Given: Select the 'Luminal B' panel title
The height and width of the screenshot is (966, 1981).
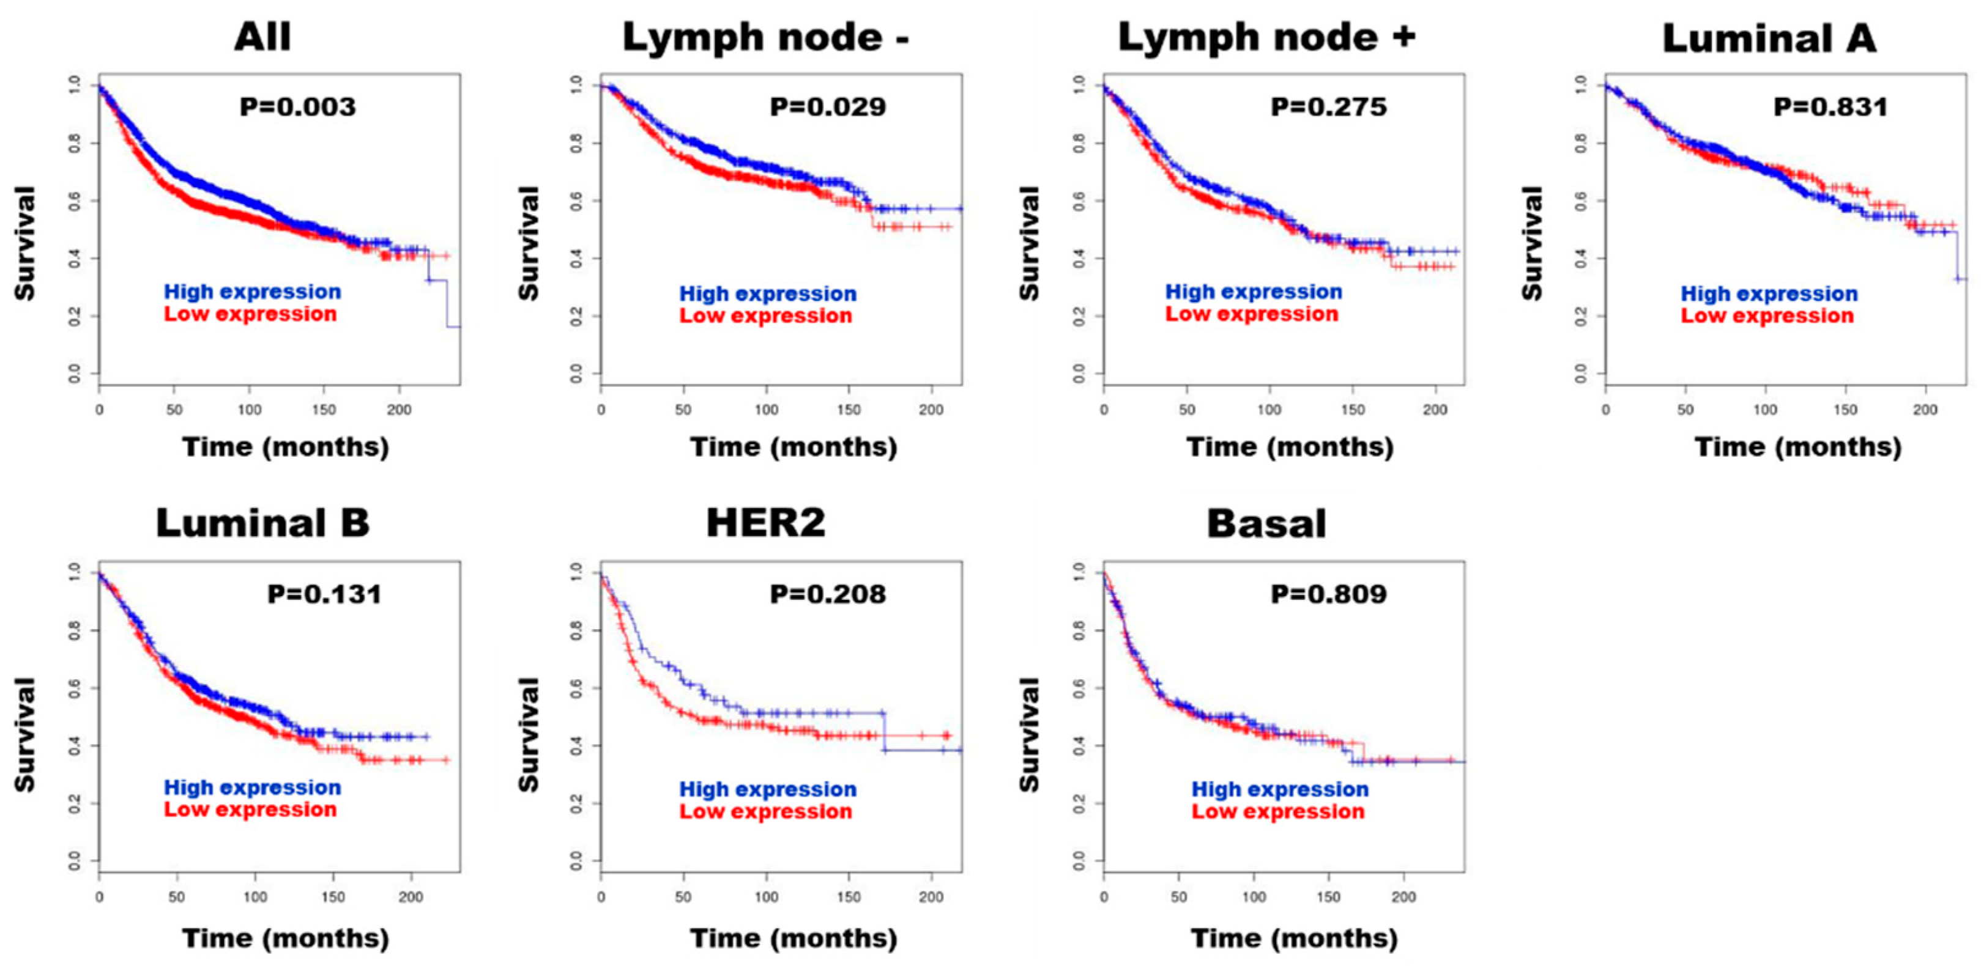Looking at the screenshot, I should pyautogui.click(x=262, y=523).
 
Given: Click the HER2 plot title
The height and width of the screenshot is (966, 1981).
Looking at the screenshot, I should pyautogui.click(x=765, y=523).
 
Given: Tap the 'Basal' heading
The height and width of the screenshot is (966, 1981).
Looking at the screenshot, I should pyautogui.click(x=1266, y=524).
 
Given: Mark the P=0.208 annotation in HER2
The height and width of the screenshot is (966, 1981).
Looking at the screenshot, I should pyautogui.click(x=828, y=594).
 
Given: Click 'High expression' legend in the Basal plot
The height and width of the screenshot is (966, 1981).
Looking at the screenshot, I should pyautogui.click(x=1280, y=789).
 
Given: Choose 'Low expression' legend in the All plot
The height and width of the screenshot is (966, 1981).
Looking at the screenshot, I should pyautogui.click(x=250, y=314).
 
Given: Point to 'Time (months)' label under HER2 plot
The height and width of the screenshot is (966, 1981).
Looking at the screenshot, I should pyautogui.click(x=793, y=938).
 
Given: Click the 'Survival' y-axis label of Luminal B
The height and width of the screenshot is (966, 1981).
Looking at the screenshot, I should pyautogui.click(x=25, y=734).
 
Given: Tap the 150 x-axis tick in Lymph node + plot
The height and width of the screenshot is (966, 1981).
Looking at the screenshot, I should pyautogui.click(x=1352, y=410).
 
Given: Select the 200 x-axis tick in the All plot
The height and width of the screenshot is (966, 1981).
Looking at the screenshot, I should pyautogui.click(x=398, y=410).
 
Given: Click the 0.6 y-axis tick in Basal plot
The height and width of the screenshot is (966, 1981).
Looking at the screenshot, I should pyautogui.click(x=1080, y=688).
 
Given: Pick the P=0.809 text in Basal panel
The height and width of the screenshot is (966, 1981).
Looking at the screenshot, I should pyautogui.click(x=1328, y=594).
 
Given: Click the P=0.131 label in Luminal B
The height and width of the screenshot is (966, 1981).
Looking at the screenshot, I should pyautogui.click(x=324, y=594).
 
